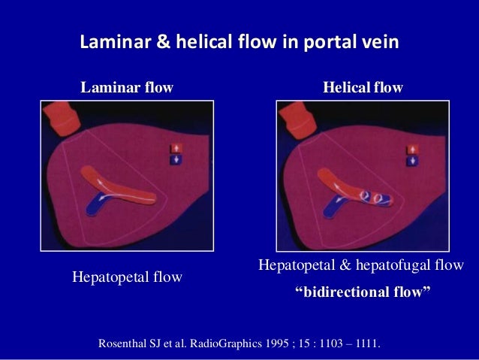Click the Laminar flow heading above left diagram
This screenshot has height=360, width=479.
(127, 88)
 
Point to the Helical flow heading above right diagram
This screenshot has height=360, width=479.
(363, 88)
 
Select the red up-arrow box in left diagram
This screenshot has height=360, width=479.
(177, 148)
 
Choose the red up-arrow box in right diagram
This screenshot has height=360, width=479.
(412, 148)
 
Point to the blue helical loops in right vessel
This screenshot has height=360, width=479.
(372, 199)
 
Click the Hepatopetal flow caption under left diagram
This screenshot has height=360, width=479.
(127, 278)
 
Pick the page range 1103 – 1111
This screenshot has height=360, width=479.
(349, 344)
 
